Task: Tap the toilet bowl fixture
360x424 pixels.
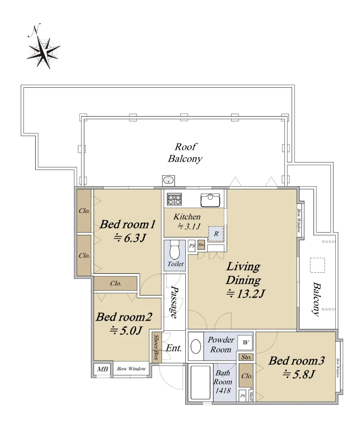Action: tap(175, 250)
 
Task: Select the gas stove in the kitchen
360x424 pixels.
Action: tap(174, 199)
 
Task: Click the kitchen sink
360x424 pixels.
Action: tap(210, 200)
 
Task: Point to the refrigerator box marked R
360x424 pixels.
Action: tap(216, 234)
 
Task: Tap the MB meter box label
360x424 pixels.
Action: tap(103, 369)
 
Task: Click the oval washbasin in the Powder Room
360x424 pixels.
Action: tap(196, 346)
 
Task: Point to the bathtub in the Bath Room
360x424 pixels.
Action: tap(201, 382)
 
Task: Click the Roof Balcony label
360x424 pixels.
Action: tap(185, 153)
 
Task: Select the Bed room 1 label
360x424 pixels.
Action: tap(128, 224)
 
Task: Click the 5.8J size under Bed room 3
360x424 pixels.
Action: tap(298, 375)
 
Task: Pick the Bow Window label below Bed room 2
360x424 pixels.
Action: tap(132, 369)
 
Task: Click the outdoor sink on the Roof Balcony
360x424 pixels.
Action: tap(168, 181)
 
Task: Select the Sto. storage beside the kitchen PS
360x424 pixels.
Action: tap(201, 245)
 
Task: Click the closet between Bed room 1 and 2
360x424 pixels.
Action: tap(115, 283)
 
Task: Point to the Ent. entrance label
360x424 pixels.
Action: tap(174, 348)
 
